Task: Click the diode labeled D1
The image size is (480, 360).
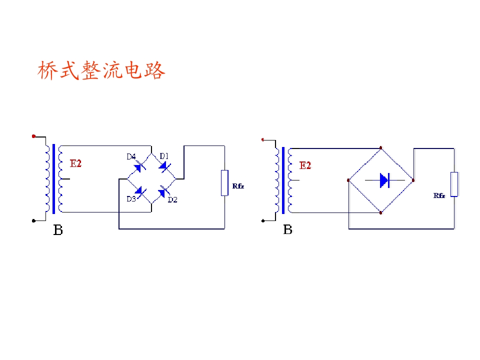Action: point(164,167)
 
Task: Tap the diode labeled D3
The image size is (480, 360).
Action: point(140,192)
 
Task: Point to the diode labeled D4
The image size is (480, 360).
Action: point(139,167)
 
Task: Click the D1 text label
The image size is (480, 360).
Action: point(164,156)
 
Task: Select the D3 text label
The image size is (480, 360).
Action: point(131,199)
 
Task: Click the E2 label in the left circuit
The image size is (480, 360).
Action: point(75,163)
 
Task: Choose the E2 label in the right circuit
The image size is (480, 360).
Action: point(305,165)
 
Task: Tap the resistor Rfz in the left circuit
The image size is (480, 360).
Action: point(224,183)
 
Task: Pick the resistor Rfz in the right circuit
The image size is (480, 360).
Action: point(454,184)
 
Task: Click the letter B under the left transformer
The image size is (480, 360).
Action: point(58,230)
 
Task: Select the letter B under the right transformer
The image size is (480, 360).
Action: point(288,229)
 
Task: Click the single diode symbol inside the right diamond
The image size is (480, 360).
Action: point(384,180)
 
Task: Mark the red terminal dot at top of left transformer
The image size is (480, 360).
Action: point(33,136)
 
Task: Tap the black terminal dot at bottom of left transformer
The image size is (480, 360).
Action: point(33,220)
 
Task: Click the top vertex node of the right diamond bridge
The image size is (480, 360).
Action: point(381,148)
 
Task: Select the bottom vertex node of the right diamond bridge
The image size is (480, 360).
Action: point(381,213)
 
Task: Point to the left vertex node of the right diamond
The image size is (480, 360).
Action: point(348,180)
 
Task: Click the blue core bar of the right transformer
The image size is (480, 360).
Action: point(283,180)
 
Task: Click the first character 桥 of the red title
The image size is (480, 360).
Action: point(48,70)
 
